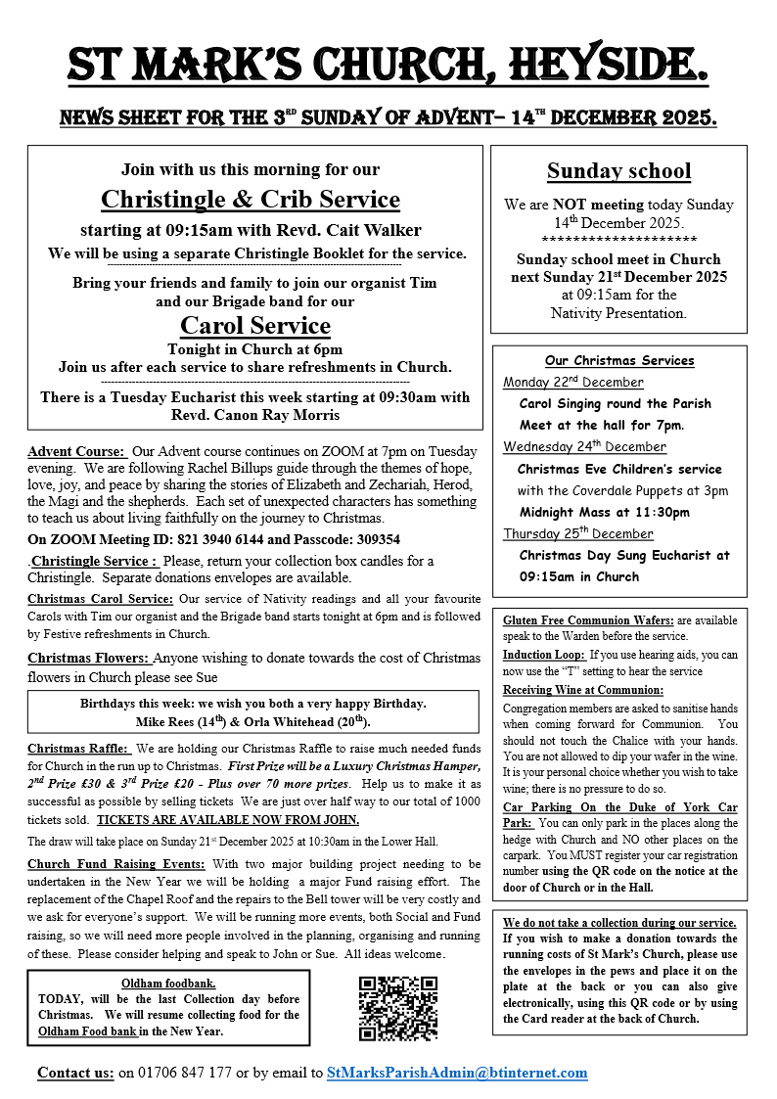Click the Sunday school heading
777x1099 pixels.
tap(618, 171)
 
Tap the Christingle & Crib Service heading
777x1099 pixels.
tap(251, 200)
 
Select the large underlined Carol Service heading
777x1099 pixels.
tap(255, 325)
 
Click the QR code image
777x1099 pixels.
tap(397, 1009)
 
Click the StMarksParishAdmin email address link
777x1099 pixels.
tap(457, 1073)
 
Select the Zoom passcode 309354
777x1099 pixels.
tap(370, 539)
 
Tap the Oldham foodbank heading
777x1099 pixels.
tap(168, 983)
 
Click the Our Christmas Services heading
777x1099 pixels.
tap(619, 360)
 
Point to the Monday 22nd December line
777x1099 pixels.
tap(573, 382)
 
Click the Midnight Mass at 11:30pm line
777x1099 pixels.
tap(604, 512)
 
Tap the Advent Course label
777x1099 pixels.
tap(76, 451)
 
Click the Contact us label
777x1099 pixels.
tap(75, 1073)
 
